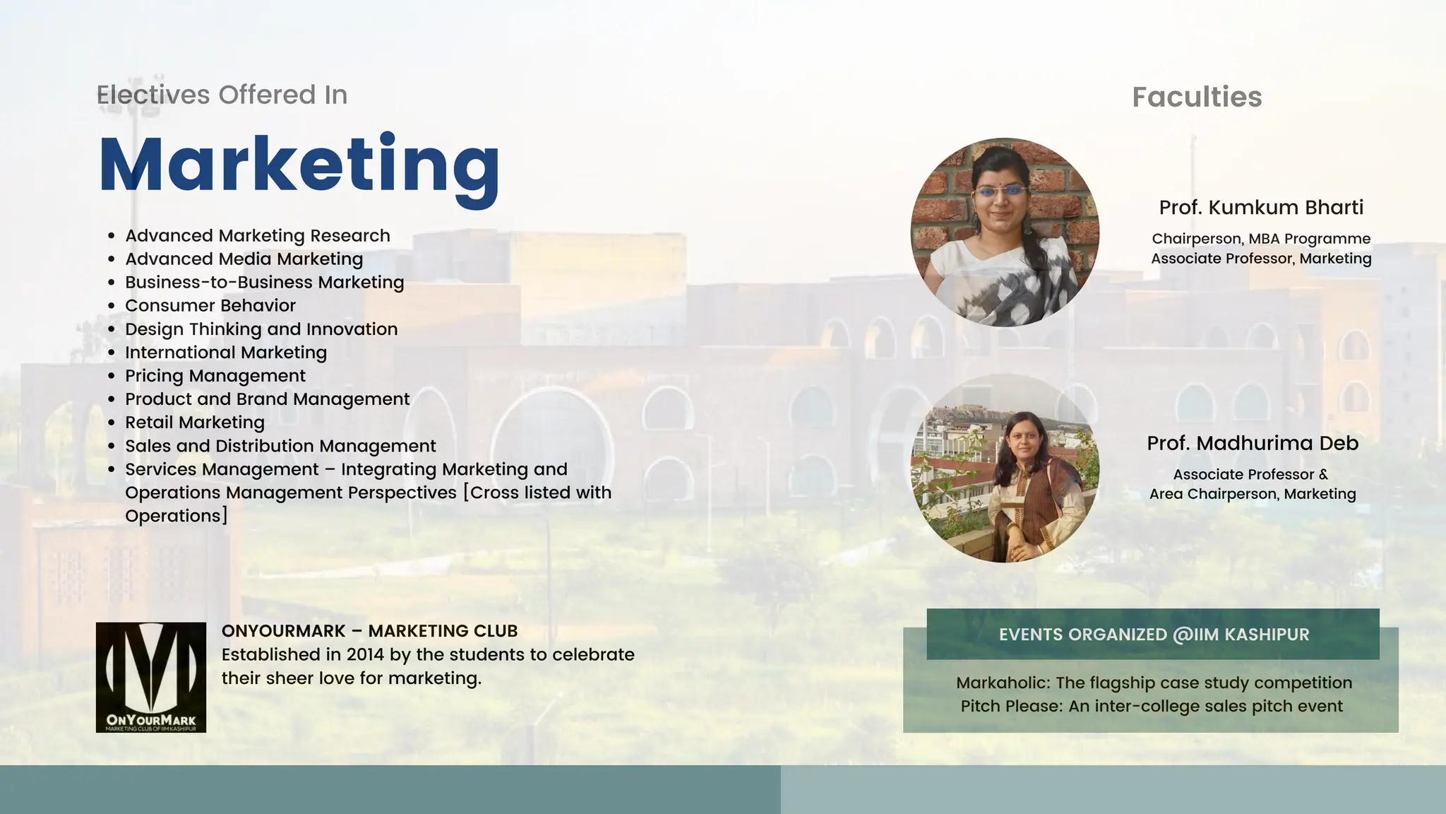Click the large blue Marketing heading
pos(299,165)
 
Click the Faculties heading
pos(1197,97)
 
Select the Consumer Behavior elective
pos(210,305)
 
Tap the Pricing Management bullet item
pos(215,375)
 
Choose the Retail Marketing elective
pos(195,422)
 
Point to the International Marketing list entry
pos(226,352)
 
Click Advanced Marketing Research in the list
pos(258,235)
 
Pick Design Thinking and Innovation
pos(261,329)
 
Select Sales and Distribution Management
pos(280,446)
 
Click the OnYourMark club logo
pos(151,677)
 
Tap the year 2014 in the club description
pos(365,654)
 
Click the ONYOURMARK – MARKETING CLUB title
pos(369,631)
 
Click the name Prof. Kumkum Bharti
pos(1261,207)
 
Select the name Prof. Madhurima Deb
pos(1253,443)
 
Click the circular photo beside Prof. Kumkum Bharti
pos(1005,232)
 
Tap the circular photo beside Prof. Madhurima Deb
pos(1005,468)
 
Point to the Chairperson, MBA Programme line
pos(1261,239)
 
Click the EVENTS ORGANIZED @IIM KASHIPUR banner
pos(1153,634)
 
